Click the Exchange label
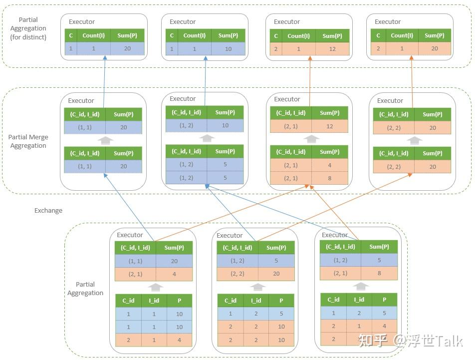pos(48,210)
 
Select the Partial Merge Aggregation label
pos(28,141)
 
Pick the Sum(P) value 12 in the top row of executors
pos(332,49)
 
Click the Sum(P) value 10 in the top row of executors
pos(228,49)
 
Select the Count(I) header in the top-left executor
pos(93,35)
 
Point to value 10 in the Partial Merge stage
pos(225,125)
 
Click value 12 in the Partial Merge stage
pos(329,127)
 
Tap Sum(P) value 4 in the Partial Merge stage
pos(329,165)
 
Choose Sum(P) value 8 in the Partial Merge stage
pos(329,178)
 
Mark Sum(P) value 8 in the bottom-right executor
pos(379,273)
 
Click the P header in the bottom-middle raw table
pos(281,301)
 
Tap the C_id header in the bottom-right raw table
pos(333,300)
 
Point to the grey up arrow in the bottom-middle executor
pos(258,287)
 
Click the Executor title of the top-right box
pos(388,21)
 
